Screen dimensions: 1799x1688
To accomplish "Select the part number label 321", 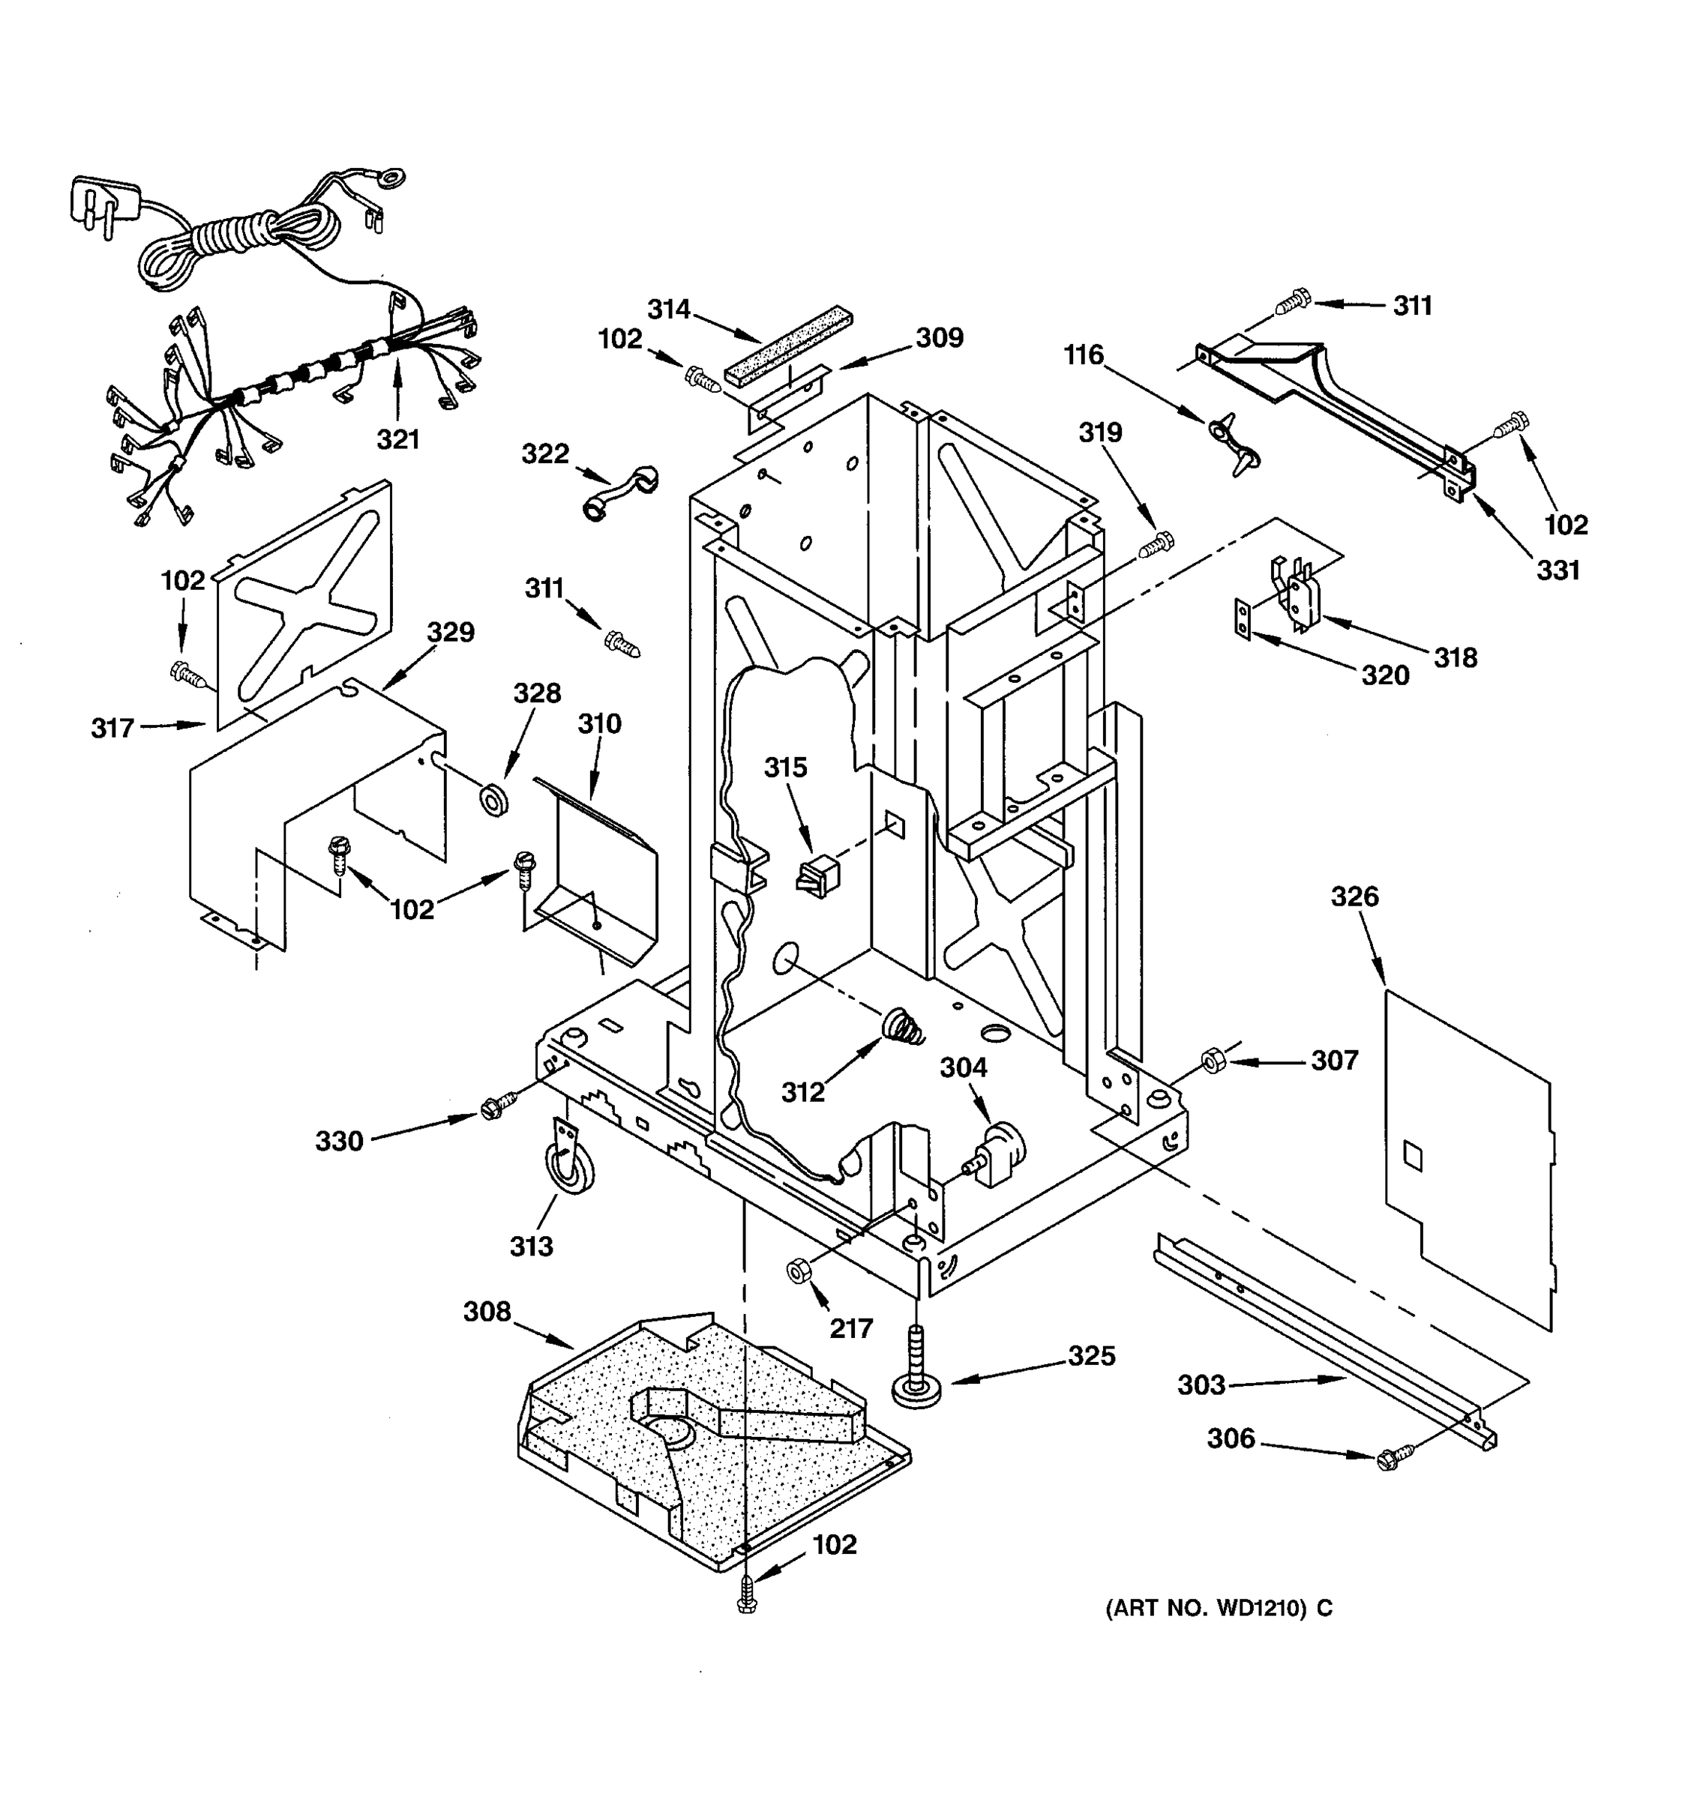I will tap(397, 440).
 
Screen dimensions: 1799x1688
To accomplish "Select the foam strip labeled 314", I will tap(788, 349).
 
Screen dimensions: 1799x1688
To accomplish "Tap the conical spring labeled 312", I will tap(902, 1027).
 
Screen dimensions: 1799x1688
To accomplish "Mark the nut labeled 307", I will tap(1212, 1060).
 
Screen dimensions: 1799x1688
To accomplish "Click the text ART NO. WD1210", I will tap(1219, 1608).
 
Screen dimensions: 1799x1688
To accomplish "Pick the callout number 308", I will tap(487, 1311).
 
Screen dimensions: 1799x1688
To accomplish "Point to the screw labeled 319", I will tap(1156, 545).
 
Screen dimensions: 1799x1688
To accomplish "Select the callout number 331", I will tap(1558, 570).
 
